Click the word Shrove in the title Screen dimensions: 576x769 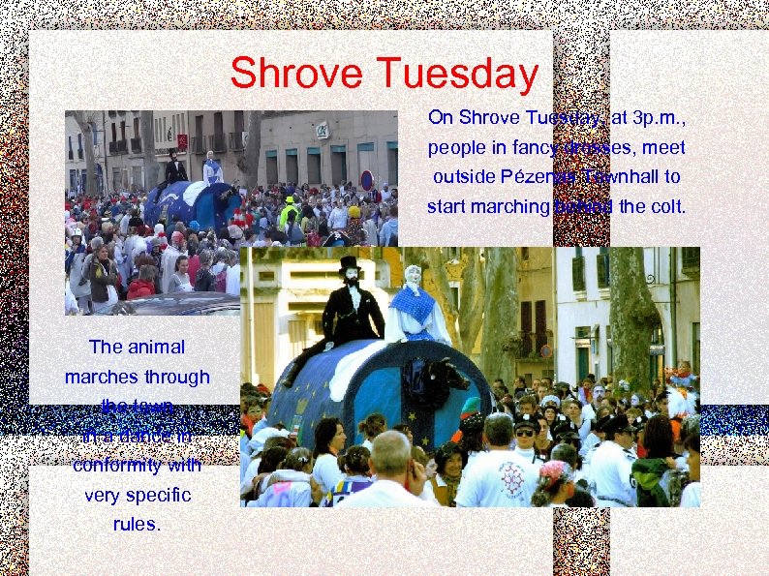click(296, 74)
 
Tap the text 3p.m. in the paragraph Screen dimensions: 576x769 click(657, 118)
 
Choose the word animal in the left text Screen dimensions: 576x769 click(155, 347)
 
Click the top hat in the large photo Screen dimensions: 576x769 click(349, 263)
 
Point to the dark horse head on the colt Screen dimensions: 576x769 click(446, 373)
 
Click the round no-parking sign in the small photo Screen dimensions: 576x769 click(366, 179)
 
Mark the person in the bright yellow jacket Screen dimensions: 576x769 click(289, 211)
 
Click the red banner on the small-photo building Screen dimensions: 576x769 click(181, 141)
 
